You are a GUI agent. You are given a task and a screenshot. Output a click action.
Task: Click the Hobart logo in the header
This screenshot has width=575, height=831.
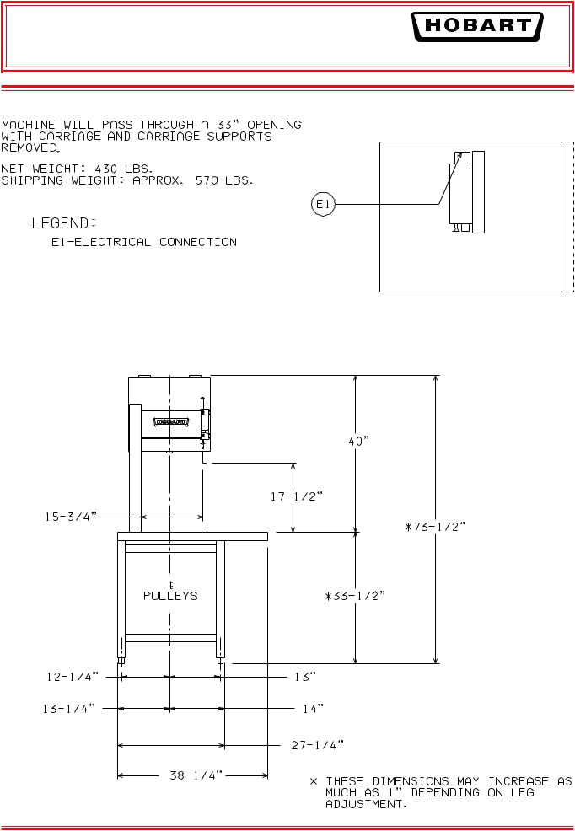coord(476,27)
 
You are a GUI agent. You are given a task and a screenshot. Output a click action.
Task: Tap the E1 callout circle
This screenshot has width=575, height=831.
coord(324,204)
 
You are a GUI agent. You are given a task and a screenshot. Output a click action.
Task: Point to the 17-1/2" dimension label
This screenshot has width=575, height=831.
coord(296,496)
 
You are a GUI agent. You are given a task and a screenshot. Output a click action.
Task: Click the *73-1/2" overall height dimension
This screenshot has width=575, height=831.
coord(435,527)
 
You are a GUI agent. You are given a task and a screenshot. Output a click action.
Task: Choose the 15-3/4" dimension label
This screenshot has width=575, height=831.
coord(72,516)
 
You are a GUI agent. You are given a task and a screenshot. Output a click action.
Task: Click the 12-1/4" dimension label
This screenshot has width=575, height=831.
coord(72,676)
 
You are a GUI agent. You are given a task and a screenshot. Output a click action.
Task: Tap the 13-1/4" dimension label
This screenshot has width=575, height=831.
coord(72,710)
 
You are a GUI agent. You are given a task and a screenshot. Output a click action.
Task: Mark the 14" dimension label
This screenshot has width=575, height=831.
coord(313,710)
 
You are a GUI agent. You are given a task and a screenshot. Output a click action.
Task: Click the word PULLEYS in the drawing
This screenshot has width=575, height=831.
coord(170,596)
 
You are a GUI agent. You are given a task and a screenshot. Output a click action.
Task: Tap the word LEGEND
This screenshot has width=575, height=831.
coord(63,223)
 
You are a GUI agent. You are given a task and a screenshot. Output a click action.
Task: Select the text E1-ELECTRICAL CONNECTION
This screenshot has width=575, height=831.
coord(140,243)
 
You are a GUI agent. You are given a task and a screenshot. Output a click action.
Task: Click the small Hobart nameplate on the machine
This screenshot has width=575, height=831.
coord(169,421)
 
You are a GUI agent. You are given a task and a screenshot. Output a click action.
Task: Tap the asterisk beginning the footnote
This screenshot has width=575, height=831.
coord(314,782)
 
